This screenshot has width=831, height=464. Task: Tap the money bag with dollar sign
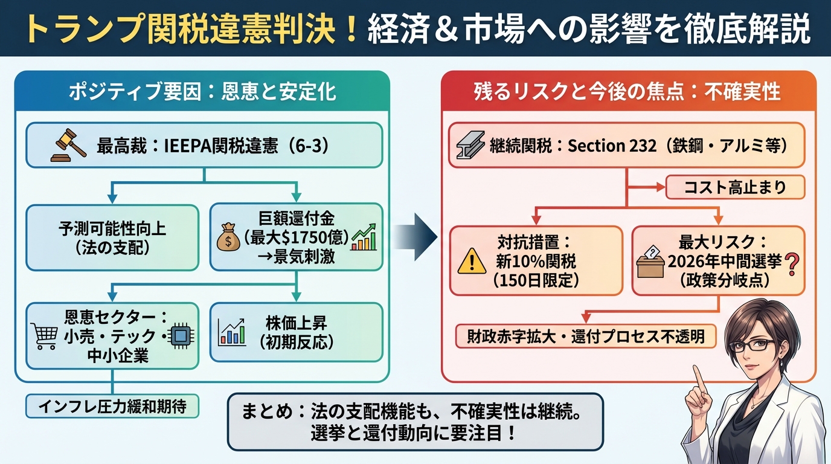click(228, 237)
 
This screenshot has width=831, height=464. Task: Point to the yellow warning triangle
click(471, 261)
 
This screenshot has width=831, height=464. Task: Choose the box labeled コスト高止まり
click(735, 187)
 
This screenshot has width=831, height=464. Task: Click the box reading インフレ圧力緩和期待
click(112, 406)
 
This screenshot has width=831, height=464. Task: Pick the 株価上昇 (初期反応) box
click(296, 332)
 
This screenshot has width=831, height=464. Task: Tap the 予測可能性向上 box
click(112, 237)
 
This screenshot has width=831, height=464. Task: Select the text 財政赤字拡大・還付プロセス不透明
click(585, 336)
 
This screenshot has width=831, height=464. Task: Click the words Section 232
click(612, 146)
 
